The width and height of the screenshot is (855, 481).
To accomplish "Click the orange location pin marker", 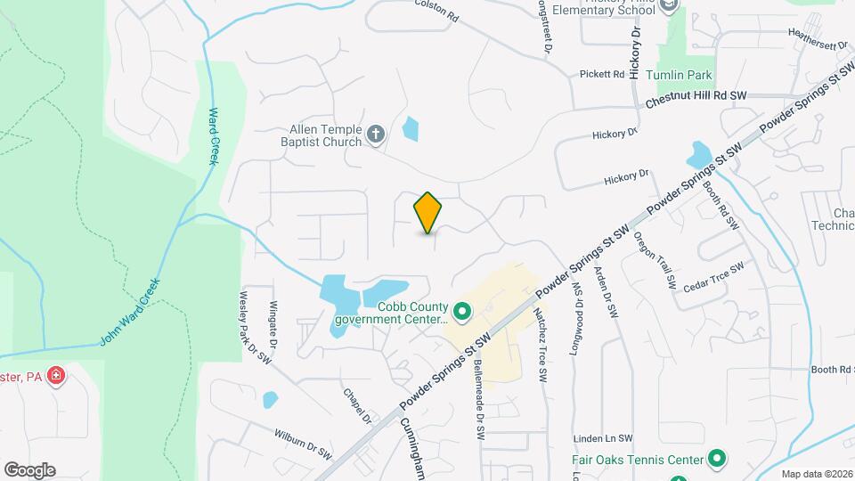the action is pyautogui.click(x=427, y=213).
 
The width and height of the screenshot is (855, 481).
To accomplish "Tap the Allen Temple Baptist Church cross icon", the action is pyautogui.click(x=376, y=135).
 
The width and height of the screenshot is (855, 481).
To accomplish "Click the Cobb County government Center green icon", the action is pyautogui.click(x=461, y=312).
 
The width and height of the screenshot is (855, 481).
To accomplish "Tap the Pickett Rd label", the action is pyautogui.click(x=602, y=74).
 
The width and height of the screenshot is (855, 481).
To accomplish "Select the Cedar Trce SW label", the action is pyautogui.click(x=712, y=278).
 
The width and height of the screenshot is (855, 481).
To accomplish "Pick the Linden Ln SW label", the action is pyautogui.click(x=603, y=438).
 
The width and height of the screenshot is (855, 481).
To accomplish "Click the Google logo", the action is pyautogui.click(x=29, y=469).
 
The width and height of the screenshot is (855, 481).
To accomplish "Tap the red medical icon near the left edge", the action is pyautogui.click(x=57, y=376).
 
